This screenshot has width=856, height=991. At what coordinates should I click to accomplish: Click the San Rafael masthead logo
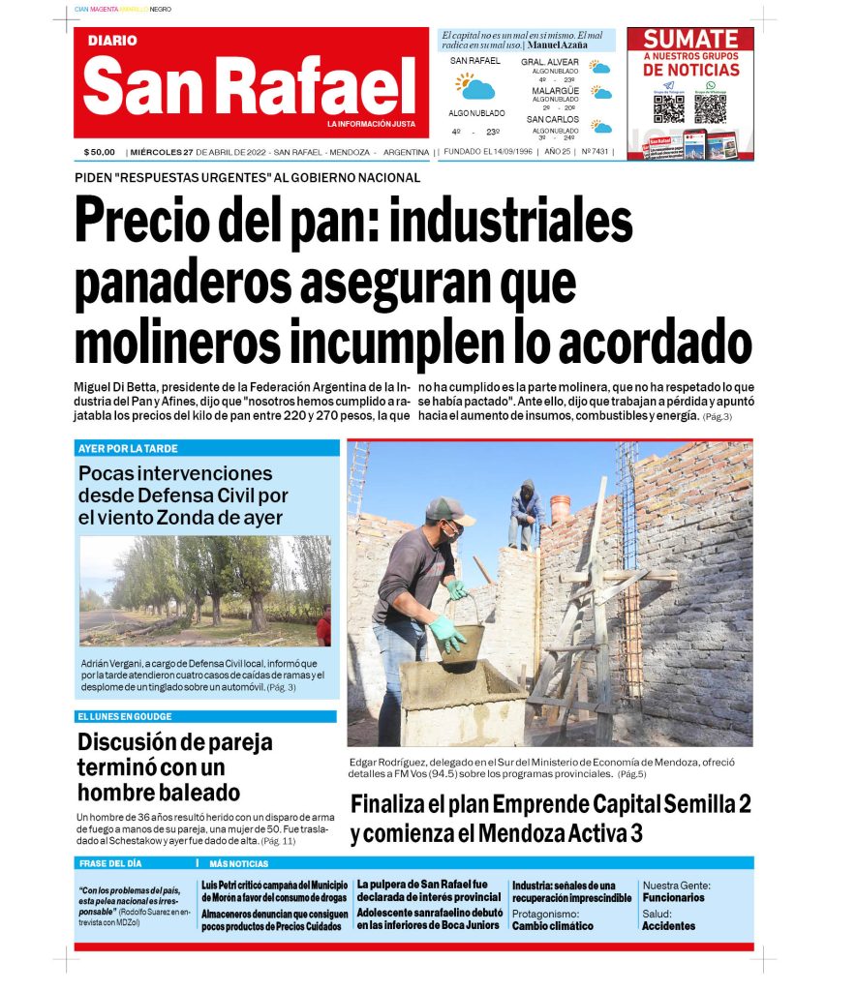(249, 85)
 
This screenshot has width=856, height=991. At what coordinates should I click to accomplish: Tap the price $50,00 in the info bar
(99, 152)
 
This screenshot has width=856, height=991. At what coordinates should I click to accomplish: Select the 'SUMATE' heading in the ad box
(690, 41)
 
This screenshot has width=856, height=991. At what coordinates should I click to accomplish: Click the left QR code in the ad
(668, 108)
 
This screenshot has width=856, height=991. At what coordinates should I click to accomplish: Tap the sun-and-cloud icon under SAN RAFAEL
(475, 87)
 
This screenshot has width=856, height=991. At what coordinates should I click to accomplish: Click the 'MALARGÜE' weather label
(555, 91)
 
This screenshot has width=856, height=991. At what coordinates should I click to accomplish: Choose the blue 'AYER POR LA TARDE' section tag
(128, 449)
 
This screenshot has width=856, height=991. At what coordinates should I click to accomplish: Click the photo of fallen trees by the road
(205, 590)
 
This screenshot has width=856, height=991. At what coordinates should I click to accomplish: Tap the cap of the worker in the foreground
(449, 510)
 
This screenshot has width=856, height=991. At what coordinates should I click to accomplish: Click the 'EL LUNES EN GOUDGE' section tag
(124, 716)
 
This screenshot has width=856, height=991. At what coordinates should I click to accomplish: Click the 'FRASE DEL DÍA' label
(109, 863)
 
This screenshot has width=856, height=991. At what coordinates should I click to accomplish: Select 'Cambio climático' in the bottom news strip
(552, 926)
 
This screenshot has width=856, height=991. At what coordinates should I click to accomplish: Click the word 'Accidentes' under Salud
(668, 926)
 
